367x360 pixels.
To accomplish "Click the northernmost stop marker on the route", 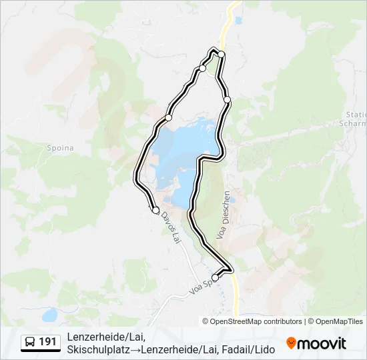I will (222, 54).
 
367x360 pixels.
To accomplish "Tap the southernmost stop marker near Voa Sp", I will (215, 277).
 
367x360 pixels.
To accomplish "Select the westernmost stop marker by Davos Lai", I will (155, 210).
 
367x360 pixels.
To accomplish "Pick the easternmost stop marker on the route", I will (228, 99).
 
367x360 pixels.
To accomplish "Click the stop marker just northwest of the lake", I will (168, 117).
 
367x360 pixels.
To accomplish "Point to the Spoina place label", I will (59, 148).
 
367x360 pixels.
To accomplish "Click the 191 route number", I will (48, 342).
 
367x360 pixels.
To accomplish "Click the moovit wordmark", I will (322, 343).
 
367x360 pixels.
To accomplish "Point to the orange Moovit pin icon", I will (291, 343).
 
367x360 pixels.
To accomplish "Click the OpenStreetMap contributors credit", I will (256, 321).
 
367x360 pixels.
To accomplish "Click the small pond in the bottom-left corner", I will (49, 314).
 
